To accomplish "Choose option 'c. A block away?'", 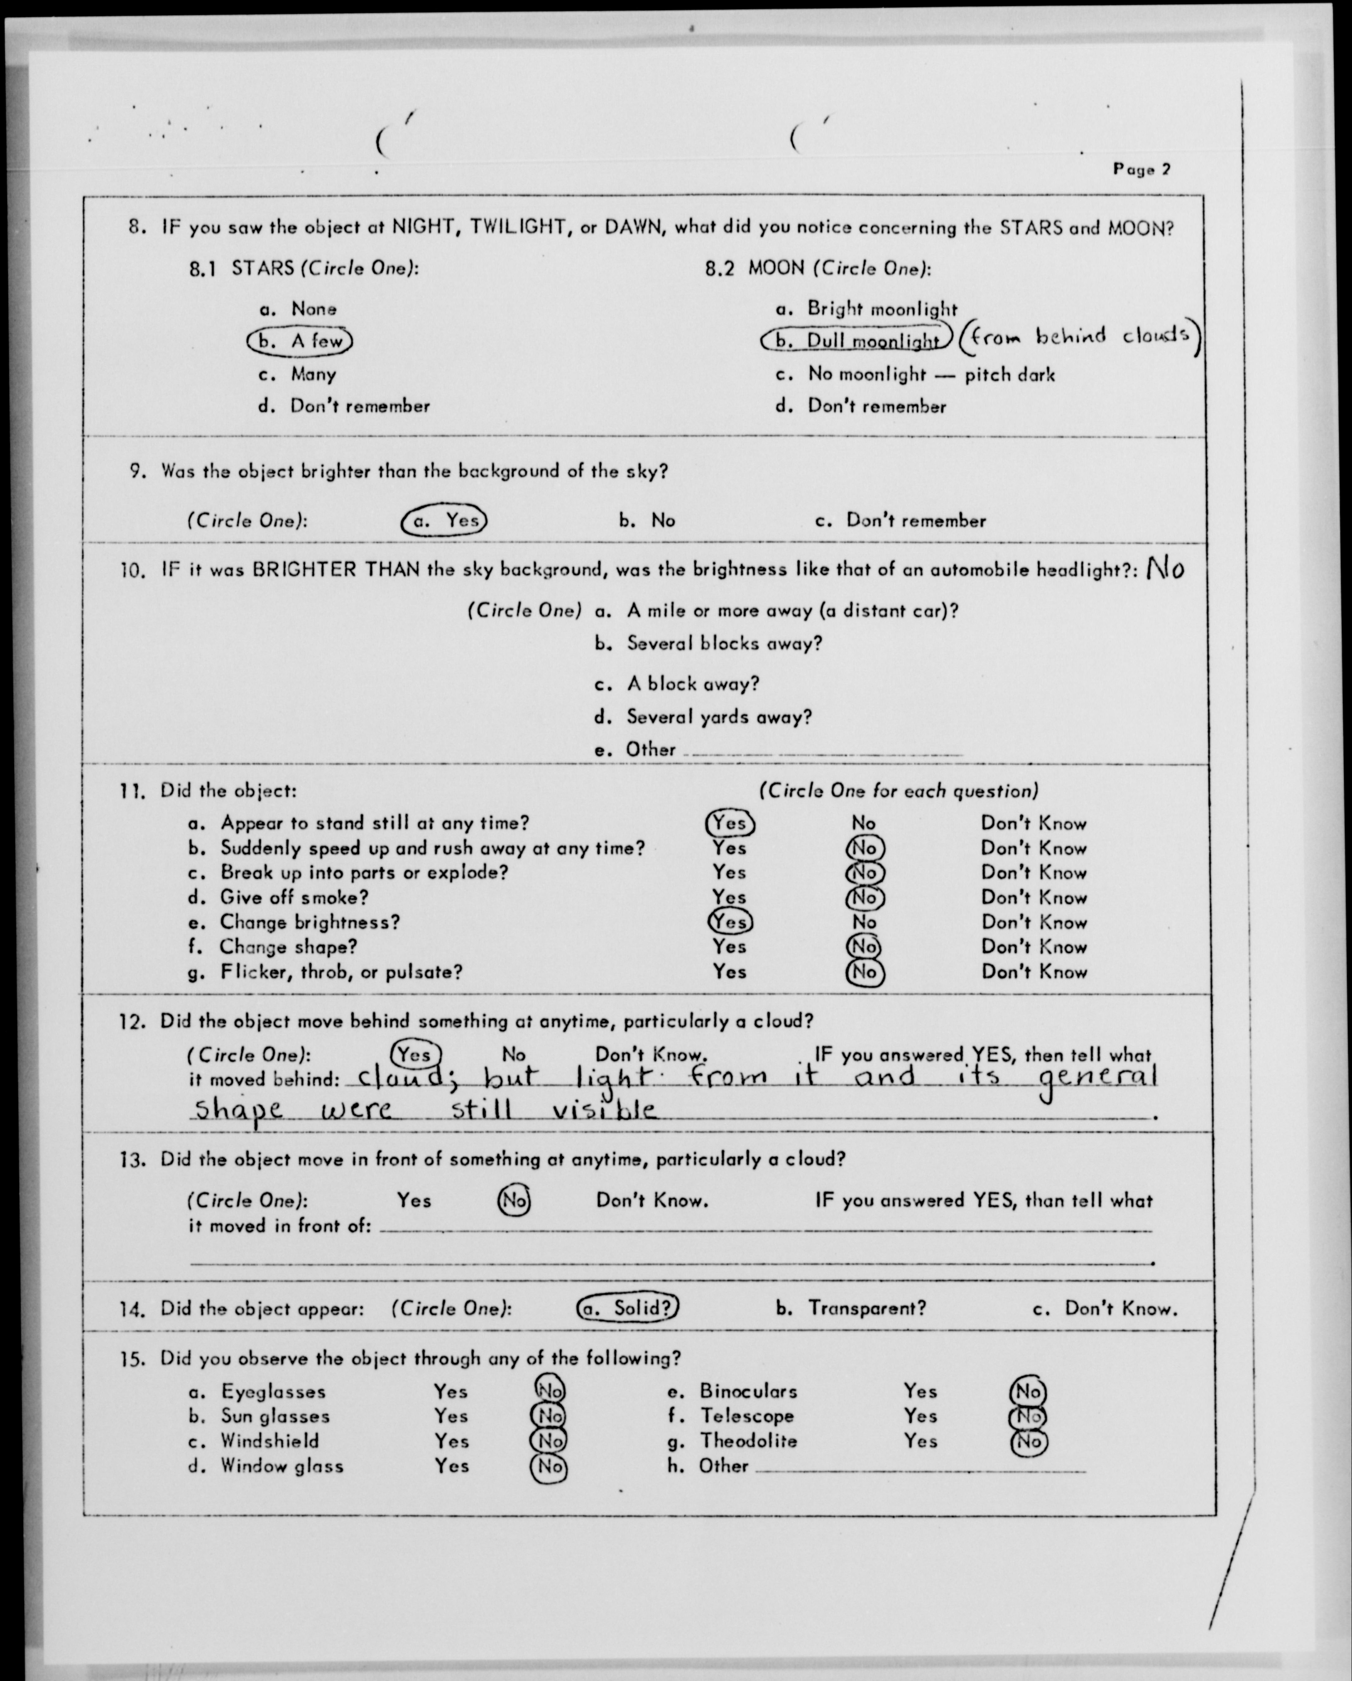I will pyautogui.click(x=677, y=684).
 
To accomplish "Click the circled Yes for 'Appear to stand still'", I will pyautogui.click(x=730, y=823).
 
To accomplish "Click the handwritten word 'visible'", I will pyautogui.click(x=603, y=1110).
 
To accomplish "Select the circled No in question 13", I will pyautogui.click(x=514, y=1200).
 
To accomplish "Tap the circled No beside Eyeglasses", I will pyautogui.click(x=550, y=1391).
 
